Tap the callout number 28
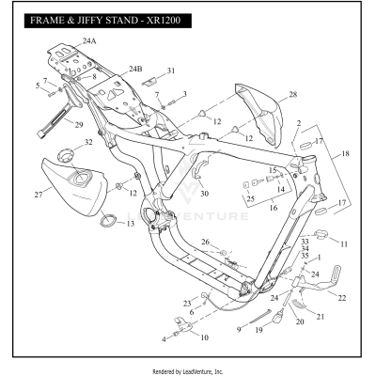point(292,95)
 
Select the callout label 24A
point(89,42)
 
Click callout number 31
point(171,70)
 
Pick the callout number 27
point(39,195)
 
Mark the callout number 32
point(88,143)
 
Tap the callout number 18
point(345,153)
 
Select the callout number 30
point(203,194)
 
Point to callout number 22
point(341,297)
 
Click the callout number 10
point(205,336)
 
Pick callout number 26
point(204,243)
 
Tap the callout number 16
point(274,209)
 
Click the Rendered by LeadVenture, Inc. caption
point(188,371)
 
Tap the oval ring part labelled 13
point(109,222)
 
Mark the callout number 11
point(343,243)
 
